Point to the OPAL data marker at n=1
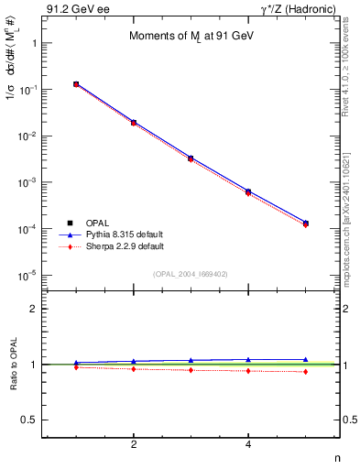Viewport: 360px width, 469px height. pos(76,84)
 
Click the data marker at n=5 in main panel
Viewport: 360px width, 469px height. pos(305,224)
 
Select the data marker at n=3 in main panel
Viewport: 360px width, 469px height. pos(191,158)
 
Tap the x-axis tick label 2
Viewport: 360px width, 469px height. pos(134,445)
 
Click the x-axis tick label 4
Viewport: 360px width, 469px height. pos(248,445)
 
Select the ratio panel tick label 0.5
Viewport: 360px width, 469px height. pos(27,420)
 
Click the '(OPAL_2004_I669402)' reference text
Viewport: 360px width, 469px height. pos(190,274)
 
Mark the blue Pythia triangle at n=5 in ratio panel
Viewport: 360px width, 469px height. pos(305,360)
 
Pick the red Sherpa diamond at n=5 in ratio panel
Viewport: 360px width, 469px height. pos(305,371)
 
